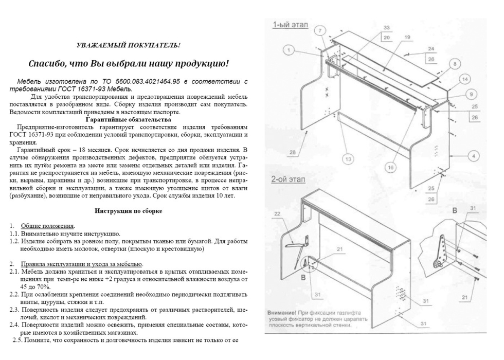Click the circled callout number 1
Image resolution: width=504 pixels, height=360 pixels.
click(289, 50)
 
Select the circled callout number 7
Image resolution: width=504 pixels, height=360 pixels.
click(320, 31)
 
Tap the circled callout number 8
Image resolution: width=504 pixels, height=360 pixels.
click(455, 64)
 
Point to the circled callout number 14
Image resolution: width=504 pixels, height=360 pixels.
click(464, 79)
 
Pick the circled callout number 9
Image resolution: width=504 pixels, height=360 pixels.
click(471, 94)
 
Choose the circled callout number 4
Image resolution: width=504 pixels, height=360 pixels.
click(474, 156)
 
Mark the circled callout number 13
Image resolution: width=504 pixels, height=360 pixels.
click(348, 159)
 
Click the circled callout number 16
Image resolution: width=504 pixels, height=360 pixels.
click(390, 168)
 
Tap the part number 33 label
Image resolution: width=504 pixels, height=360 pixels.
click(387, 28)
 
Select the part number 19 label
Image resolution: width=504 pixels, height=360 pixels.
click(407, 37)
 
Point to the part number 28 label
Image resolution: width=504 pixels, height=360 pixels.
click(293, 152)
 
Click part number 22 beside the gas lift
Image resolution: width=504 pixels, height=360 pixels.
click(277, 214)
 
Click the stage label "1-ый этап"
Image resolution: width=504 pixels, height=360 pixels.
click(290, 25)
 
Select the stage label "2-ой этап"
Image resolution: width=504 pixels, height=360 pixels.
click(288, 179)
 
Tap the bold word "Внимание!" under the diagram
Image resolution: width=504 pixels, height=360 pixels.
click(282, 313)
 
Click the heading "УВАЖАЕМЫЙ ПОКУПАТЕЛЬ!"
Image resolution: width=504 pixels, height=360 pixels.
click(128, 45)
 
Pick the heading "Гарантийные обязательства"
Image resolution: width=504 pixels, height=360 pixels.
click(128, 120)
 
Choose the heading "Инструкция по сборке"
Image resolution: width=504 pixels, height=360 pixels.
click(128, 211)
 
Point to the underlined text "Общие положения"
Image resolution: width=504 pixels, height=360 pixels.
click(47, 226)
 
